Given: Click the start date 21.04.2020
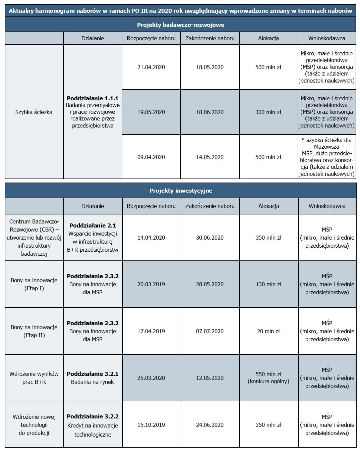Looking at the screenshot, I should (x=151, y=67).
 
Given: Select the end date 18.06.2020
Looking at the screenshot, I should (x=210, y=112).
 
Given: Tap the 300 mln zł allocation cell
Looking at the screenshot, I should (x=268, y=112).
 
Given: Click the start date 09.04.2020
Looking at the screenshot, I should (x=151, y=157).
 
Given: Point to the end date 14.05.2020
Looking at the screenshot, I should (x=210, y=157).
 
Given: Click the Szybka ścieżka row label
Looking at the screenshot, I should (x=34, y=112).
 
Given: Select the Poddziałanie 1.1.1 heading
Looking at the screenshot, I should (x=93, y=98).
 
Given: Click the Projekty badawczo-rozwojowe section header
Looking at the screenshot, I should (x=180, y=25).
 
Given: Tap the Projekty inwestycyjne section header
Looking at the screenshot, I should (x=181, y=191).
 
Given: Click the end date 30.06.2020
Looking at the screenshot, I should (x=210, y=238).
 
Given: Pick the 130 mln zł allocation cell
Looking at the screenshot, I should (x=268, y=284).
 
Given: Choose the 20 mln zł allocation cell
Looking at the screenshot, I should (x=268, y=331).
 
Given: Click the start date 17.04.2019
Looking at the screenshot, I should (x=151, y=331).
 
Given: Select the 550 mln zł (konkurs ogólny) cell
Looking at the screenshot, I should (x=268, y=378).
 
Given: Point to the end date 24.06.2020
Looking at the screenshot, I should (x=210, y=425).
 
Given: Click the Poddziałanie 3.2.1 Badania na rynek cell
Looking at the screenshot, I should (x=93, y=378).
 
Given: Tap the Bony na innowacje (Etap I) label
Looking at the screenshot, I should (x=34, y=284).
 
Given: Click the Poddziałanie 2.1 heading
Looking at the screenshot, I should (x=93, y=225).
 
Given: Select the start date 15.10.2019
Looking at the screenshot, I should (x=151, y=425).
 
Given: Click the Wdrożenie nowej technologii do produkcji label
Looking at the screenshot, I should (x=34, y=425).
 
